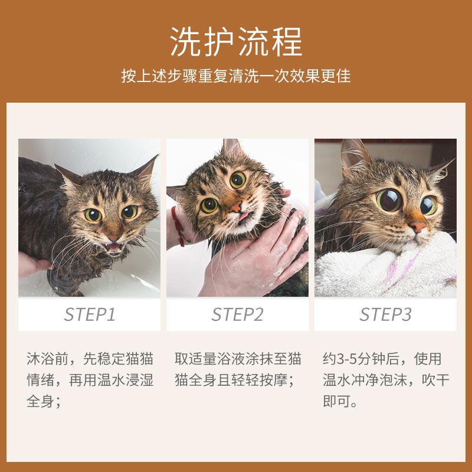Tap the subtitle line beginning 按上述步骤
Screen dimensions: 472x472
pos(236,77)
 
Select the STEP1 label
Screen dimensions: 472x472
pos(89,314)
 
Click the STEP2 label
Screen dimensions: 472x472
pos(237,314)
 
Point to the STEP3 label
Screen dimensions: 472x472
pos(385,314)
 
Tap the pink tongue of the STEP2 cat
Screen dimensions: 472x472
pos(242,217)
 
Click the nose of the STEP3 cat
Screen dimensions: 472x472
pos(418,227)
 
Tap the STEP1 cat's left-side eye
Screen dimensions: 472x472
pos(93,215)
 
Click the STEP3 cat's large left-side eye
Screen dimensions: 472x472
pos(389,200)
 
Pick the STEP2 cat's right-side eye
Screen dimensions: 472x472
pos(238,180)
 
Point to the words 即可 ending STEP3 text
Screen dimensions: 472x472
pos(336,402)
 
